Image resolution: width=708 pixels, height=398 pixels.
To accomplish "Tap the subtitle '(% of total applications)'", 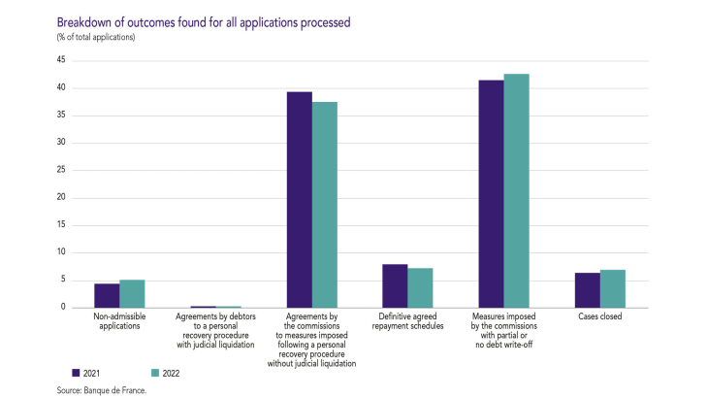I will click(95, 37).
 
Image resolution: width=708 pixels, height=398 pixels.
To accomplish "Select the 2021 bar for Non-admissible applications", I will click(107, 295).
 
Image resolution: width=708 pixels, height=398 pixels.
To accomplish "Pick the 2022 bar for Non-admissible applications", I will click(132, 293).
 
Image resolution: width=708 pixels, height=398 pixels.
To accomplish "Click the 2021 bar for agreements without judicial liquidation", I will click(299, 199).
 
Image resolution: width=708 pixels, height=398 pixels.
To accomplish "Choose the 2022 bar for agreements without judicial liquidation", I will click(324, 204).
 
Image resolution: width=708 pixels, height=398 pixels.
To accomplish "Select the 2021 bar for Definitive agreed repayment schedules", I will click(395, 285).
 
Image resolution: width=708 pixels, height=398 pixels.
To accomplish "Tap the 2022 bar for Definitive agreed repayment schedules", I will click(420, 287).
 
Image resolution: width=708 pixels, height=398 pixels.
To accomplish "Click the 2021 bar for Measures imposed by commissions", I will click(491, 193).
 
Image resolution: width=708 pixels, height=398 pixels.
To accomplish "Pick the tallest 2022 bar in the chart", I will click(516, 190).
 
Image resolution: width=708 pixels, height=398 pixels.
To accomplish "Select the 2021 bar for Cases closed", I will click(587, 289).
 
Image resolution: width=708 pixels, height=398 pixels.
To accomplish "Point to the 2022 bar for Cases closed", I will click(612, 288).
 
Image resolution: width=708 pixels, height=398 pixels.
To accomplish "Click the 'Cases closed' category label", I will click(599, 316).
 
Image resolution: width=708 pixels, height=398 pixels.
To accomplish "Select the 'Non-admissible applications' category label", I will click(119, 321).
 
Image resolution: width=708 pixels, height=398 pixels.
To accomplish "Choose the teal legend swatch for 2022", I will click(153, 372).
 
